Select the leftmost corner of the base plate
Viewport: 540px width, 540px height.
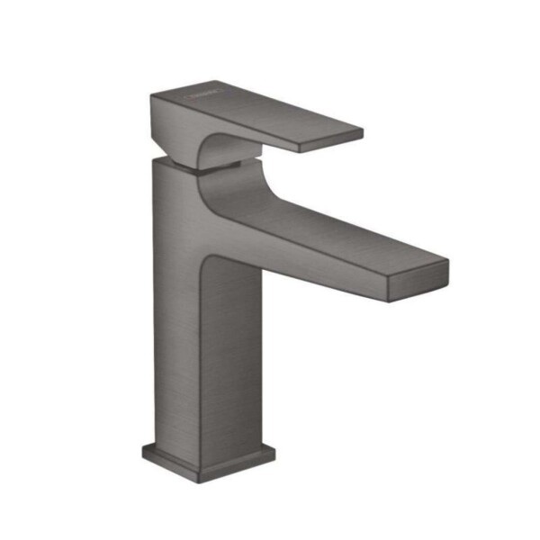coord(142,445)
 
